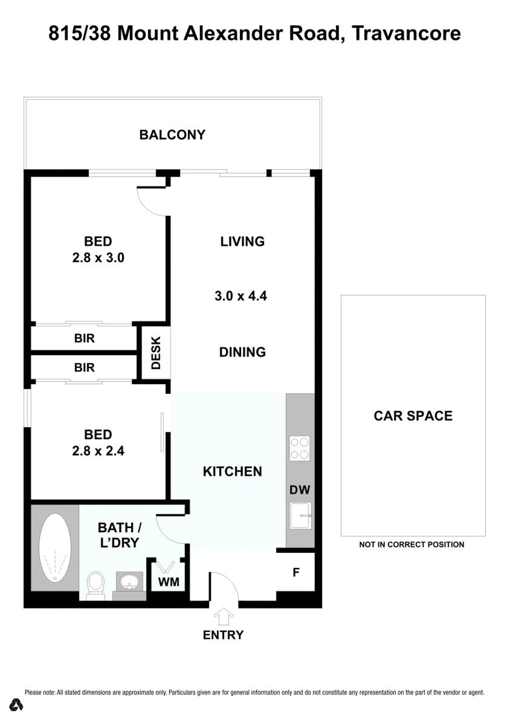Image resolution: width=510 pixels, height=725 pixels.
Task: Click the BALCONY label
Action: (x=172, y=135)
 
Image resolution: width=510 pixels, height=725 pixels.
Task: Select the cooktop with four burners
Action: (x=300, y=448)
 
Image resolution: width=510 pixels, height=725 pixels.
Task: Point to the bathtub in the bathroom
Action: (x=55, y=548)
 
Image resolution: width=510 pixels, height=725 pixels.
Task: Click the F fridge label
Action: (x=296, y=572)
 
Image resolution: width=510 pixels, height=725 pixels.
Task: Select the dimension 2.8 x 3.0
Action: (x=98, y=258)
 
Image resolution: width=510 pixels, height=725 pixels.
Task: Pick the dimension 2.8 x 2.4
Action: (x=98, y=451)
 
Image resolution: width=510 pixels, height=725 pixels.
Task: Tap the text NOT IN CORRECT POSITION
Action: (x=412, y=544)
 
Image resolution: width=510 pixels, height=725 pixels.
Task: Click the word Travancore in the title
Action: (x=406, y=33)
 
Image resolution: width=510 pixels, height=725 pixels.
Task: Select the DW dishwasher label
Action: (x=300, y=490)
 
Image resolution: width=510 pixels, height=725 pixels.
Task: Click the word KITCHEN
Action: (x=233, y=472)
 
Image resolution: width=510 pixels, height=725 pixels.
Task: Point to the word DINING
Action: (x=243, y=352)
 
